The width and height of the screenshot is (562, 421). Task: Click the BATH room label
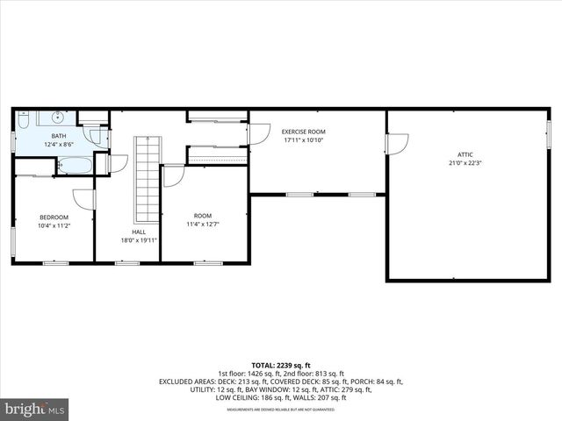coord(59,136)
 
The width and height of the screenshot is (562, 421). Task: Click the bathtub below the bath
coord(75,165)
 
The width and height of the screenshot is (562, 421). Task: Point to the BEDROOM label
coord(54,218)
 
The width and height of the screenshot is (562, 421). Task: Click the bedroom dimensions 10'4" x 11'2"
coord(54,225)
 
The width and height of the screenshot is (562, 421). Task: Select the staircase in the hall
coord(147,180)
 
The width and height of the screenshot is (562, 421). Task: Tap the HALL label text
coord(127,232)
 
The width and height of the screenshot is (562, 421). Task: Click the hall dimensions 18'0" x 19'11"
coord(127,239)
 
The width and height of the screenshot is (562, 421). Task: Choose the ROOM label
coord(203,216)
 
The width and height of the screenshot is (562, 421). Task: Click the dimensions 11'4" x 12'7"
coord(203,224)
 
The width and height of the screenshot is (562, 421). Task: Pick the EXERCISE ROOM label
coord(304,132)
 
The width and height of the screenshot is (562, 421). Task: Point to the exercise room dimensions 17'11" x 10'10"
coord(304,139)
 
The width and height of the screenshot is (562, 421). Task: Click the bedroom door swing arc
coord(83,200)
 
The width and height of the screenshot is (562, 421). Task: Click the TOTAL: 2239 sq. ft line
coord(281,365)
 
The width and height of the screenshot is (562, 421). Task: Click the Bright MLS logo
coord(35,409)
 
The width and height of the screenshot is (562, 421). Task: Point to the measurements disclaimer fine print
coord(281,410)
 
